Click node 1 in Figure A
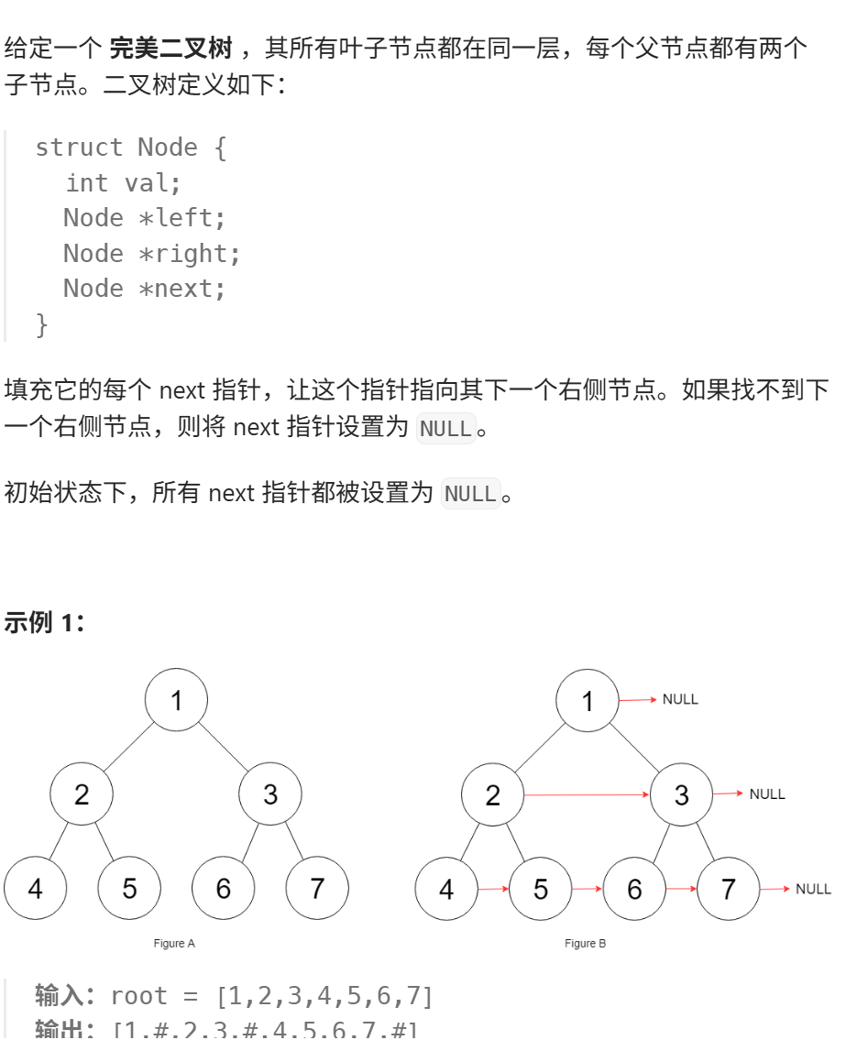tap(176, 701)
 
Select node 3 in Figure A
tap(270, 794)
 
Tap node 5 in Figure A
tap(129, 889)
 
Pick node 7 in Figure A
tap(317, 889)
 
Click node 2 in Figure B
tap(493, 795)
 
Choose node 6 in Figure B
tap(634, 889)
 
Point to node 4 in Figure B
tap(446, 889)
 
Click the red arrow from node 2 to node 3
tap(587, 795)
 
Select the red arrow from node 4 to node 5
tap(493, 889)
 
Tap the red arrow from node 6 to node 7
tap(681, 889)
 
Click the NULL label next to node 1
tap(680, 699)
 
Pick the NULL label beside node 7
tap(813, 889)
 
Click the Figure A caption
tap(174, 943)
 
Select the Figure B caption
tap(586, 943)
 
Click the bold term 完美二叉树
tap(170, 48)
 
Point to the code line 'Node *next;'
tap(144, 289)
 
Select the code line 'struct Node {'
tap(130, 148)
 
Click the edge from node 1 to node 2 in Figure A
tap(128, 747)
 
